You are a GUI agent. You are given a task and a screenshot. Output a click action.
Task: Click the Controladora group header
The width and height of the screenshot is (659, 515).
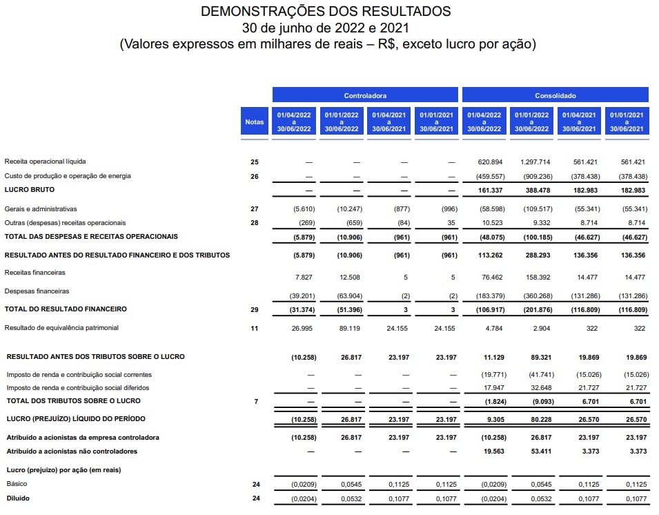tap(365, 95)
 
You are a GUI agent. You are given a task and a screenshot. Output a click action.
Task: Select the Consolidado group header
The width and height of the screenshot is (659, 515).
tap(555, 95)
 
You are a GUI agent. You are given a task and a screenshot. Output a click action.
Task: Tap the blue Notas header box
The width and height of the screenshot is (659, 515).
tap(254, 122)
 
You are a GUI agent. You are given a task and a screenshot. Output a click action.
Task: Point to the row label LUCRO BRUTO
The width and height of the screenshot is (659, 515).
tap(30, 189)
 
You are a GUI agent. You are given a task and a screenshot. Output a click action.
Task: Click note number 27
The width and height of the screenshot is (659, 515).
tap(254, 208)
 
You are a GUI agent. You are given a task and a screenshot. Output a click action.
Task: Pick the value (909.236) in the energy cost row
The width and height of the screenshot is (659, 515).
tap(535, 176)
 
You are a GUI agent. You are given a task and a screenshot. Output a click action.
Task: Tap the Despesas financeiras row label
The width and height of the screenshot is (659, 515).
tap(37, 291)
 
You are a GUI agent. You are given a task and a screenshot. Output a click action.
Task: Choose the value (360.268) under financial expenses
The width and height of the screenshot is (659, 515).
tap(535, 296)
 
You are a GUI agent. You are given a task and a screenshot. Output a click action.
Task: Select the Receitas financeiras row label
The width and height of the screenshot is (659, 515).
tap(35, 273)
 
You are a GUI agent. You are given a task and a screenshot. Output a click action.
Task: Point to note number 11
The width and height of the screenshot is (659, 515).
tap(254, 329)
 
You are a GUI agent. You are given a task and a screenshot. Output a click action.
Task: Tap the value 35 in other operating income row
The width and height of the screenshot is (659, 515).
tap(451, 223)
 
